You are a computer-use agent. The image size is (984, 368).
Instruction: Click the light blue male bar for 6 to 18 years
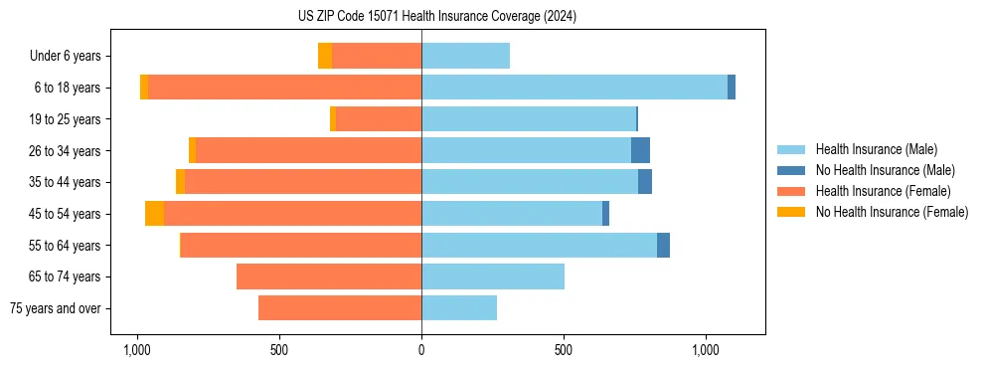574,88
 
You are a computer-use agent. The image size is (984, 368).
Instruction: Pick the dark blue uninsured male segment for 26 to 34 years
640,150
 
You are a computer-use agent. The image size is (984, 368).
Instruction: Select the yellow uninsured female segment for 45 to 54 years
154,214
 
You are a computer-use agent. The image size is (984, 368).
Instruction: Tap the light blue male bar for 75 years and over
458,308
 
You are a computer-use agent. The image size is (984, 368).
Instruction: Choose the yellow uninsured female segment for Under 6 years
325,56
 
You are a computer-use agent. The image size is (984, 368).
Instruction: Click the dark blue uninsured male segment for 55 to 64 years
663,245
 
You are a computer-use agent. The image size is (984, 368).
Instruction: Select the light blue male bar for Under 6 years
465,56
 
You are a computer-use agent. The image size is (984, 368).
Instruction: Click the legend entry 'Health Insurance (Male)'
876,149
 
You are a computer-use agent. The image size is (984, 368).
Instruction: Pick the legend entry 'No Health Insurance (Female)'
892,212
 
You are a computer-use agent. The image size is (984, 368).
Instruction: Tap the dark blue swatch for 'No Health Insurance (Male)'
791,170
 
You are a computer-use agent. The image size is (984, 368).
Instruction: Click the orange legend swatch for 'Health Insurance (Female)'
791,191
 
